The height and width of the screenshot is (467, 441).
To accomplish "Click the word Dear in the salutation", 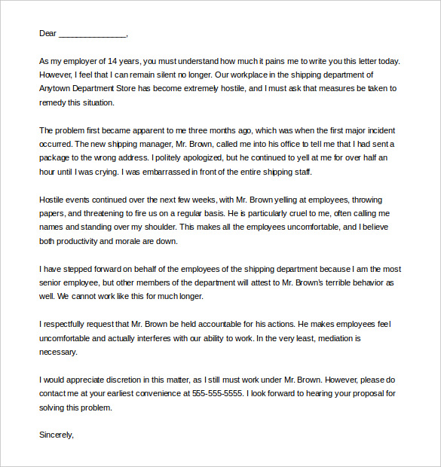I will (47, 34).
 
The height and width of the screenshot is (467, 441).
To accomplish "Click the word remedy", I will (53, 102).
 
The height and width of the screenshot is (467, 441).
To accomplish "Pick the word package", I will (58, 158).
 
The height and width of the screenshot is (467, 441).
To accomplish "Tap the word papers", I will (53, 213).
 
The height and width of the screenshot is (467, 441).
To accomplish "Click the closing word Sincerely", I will (57, 434).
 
